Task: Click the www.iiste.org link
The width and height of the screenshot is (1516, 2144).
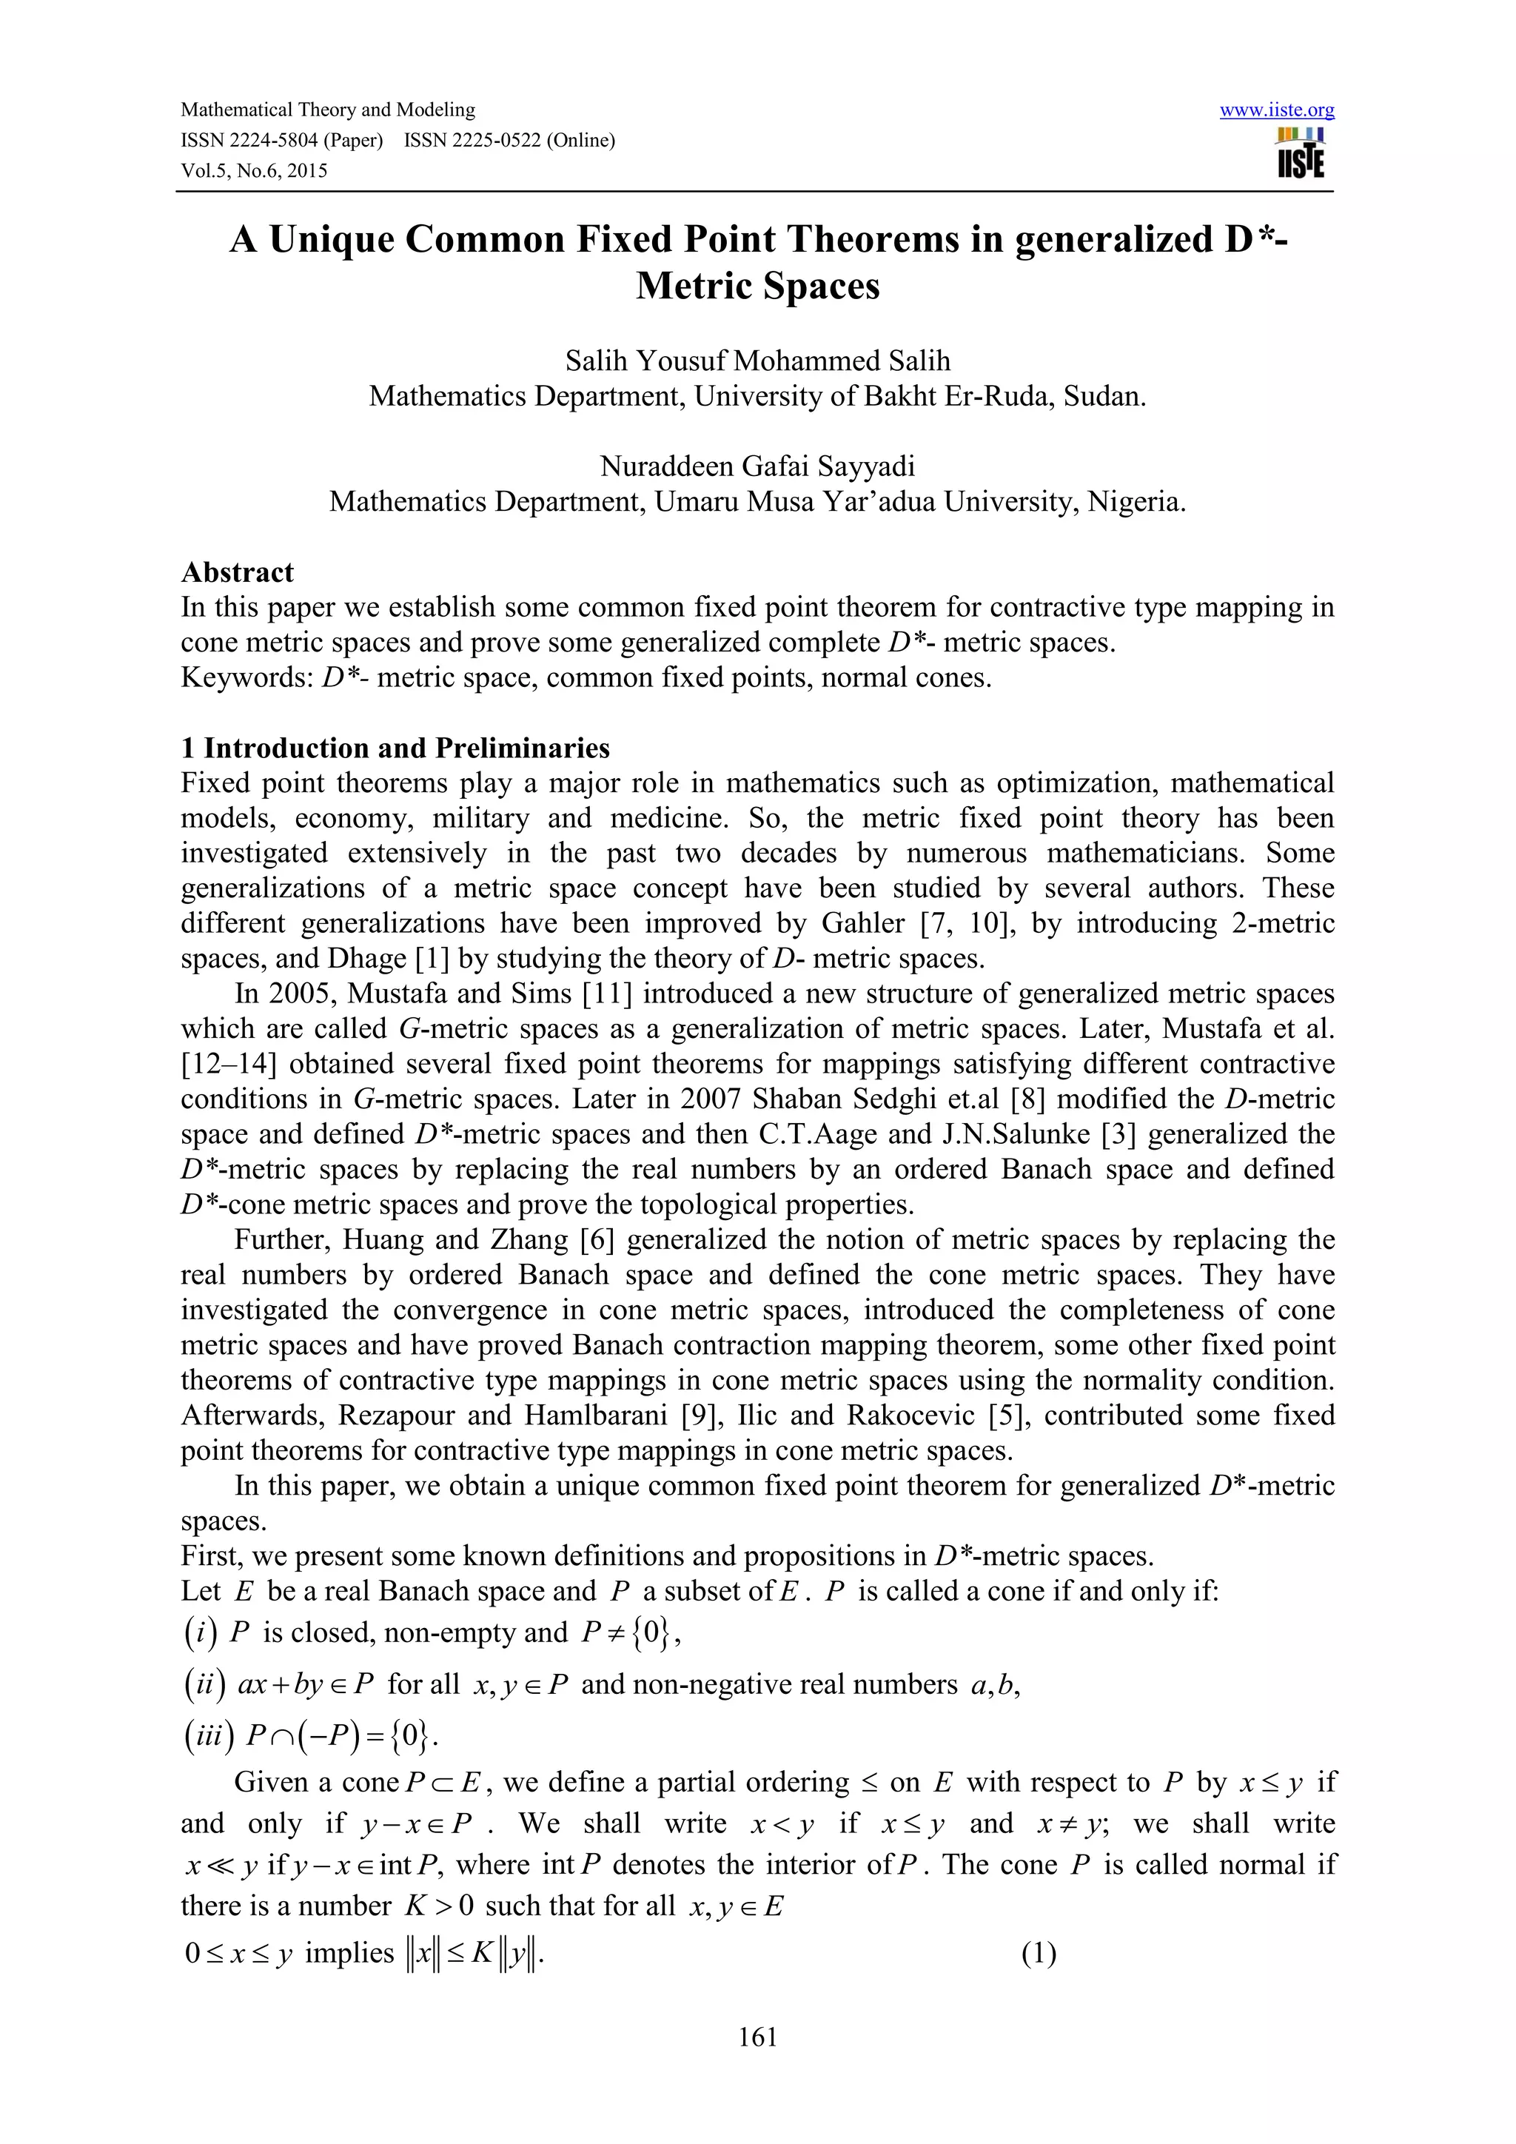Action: [1276, 110]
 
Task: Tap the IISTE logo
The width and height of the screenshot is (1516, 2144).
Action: [1301, 153]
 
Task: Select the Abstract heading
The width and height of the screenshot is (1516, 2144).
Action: [237, 572]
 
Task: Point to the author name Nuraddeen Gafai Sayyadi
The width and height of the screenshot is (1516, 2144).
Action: [757, 466]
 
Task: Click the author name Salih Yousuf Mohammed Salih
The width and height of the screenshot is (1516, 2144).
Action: [757, 361]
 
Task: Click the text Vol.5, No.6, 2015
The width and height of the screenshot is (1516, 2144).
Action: [254, 171]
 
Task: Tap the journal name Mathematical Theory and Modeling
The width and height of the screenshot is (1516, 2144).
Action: [328, 110]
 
